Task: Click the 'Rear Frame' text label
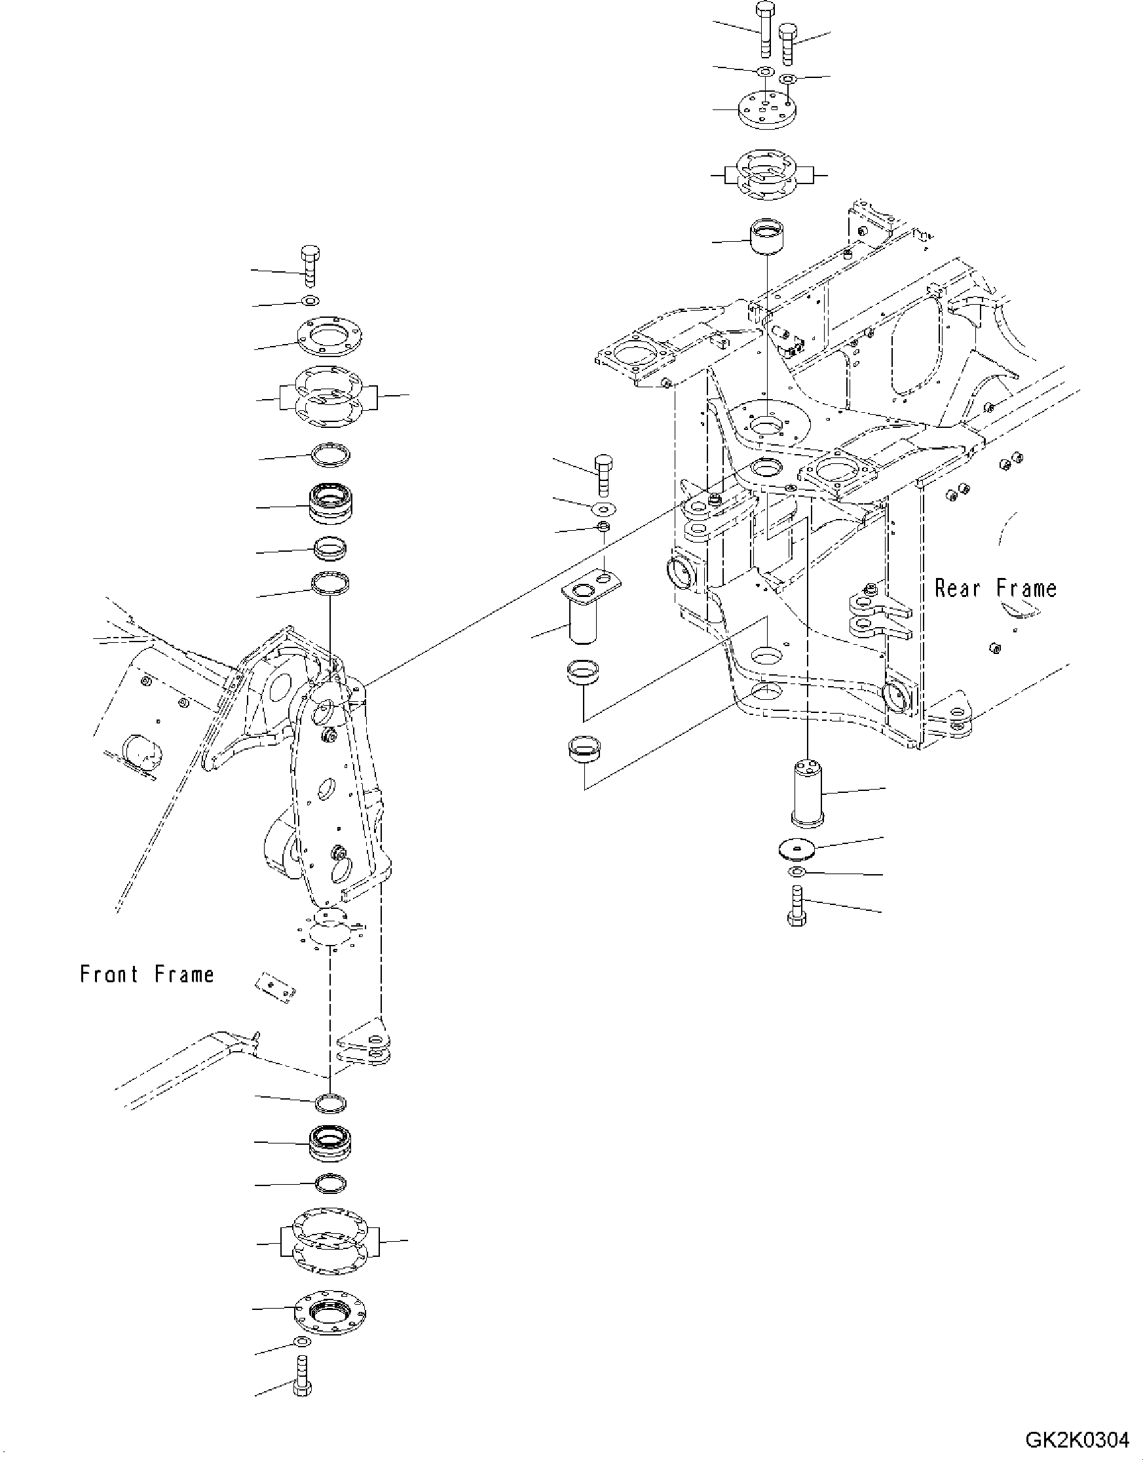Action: (995, 588)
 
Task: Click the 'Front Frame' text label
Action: (147, 974)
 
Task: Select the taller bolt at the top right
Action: (764, 30)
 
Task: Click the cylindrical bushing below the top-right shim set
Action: (766, 237)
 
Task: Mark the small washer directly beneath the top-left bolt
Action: (310, 300)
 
